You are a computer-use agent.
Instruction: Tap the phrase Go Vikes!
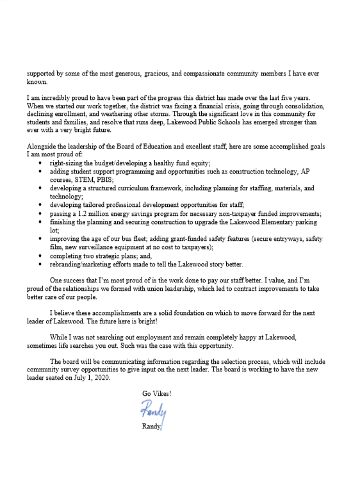(x=158, y=393)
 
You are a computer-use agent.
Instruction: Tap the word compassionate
(x=209, y=74)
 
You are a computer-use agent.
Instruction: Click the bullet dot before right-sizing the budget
(x=40, y=163)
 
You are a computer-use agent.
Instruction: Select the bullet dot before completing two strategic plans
(x=40, y=254)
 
